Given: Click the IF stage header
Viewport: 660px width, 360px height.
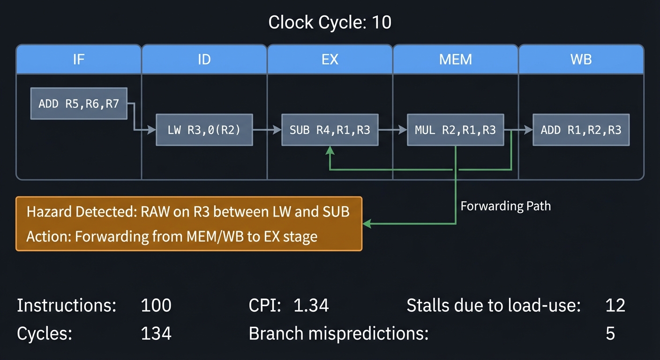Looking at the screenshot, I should coord(79,60).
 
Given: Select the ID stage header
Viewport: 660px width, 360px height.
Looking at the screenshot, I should coord(204,60).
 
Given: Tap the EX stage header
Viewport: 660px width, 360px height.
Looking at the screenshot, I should coord(330,60).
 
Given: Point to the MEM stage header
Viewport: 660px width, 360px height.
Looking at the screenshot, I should coord(455,60).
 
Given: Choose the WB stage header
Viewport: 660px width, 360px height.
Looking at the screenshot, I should coord(581,60).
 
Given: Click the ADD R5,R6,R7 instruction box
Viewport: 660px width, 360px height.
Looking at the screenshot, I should coord(79,104).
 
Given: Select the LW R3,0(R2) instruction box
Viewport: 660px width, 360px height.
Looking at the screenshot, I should coord(204,130).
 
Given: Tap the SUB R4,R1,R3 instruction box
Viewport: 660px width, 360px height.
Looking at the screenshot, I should coord(330,130).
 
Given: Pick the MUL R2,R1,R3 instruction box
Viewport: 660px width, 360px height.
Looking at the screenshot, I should coord(455,130).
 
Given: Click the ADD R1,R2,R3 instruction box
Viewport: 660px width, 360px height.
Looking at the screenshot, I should coord(581,130).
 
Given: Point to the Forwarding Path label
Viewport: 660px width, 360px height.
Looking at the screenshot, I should coord(505,206).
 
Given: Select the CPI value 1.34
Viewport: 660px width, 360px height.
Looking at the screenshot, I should coord(311,306).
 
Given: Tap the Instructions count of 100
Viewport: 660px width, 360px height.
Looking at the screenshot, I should coord(156,306).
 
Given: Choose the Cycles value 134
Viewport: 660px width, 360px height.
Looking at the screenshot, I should coord(156,334).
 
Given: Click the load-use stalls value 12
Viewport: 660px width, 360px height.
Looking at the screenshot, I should coord(615,306).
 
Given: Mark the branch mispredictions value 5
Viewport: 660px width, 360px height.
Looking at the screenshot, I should coord(610,334).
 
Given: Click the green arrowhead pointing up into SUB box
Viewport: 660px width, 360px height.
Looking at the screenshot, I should coord(330,150).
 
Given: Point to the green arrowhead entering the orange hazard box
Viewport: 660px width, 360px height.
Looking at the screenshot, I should coord(367,224).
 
